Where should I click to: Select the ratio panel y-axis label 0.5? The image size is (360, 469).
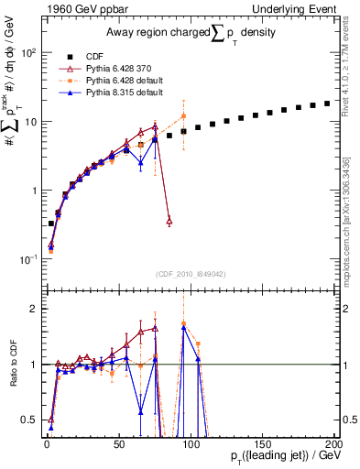[x=28, y=420]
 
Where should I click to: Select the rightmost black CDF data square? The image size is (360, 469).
[x=327, y=104]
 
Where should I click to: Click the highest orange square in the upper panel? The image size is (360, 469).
[x=184, y=116]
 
